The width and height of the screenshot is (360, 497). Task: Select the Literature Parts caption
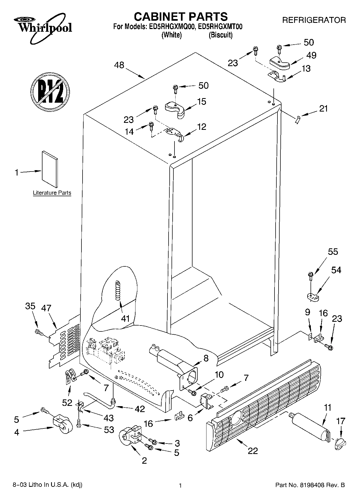click(x=52, y=193)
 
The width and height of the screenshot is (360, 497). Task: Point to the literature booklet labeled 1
click(x=50, y=169)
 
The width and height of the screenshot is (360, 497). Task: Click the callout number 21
click(x=324, y=109)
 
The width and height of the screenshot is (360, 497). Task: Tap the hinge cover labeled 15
click(x=175, y=109)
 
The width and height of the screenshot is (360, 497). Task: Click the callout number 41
click(x=125, y=319)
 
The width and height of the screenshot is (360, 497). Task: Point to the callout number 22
click(x=253, y=450)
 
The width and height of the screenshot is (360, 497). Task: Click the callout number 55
click(x=333, y=252)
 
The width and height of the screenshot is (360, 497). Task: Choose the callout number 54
click(x=336, y=270)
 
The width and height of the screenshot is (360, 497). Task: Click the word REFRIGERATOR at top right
click(x=314, y=20)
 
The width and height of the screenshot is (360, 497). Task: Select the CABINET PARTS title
click(x=181, y=17)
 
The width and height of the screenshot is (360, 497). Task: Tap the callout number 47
click(x=46, y=308)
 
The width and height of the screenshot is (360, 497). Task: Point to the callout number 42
click(x=139, y=409)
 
